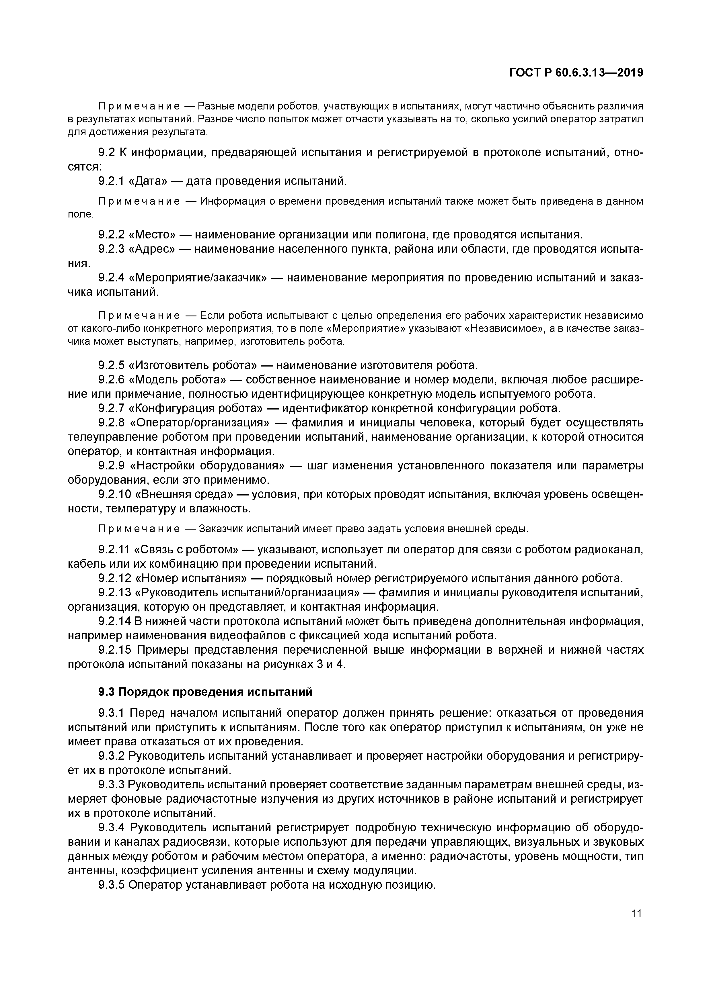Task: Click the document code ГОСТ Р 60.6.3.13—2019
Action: click(576, 73)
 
